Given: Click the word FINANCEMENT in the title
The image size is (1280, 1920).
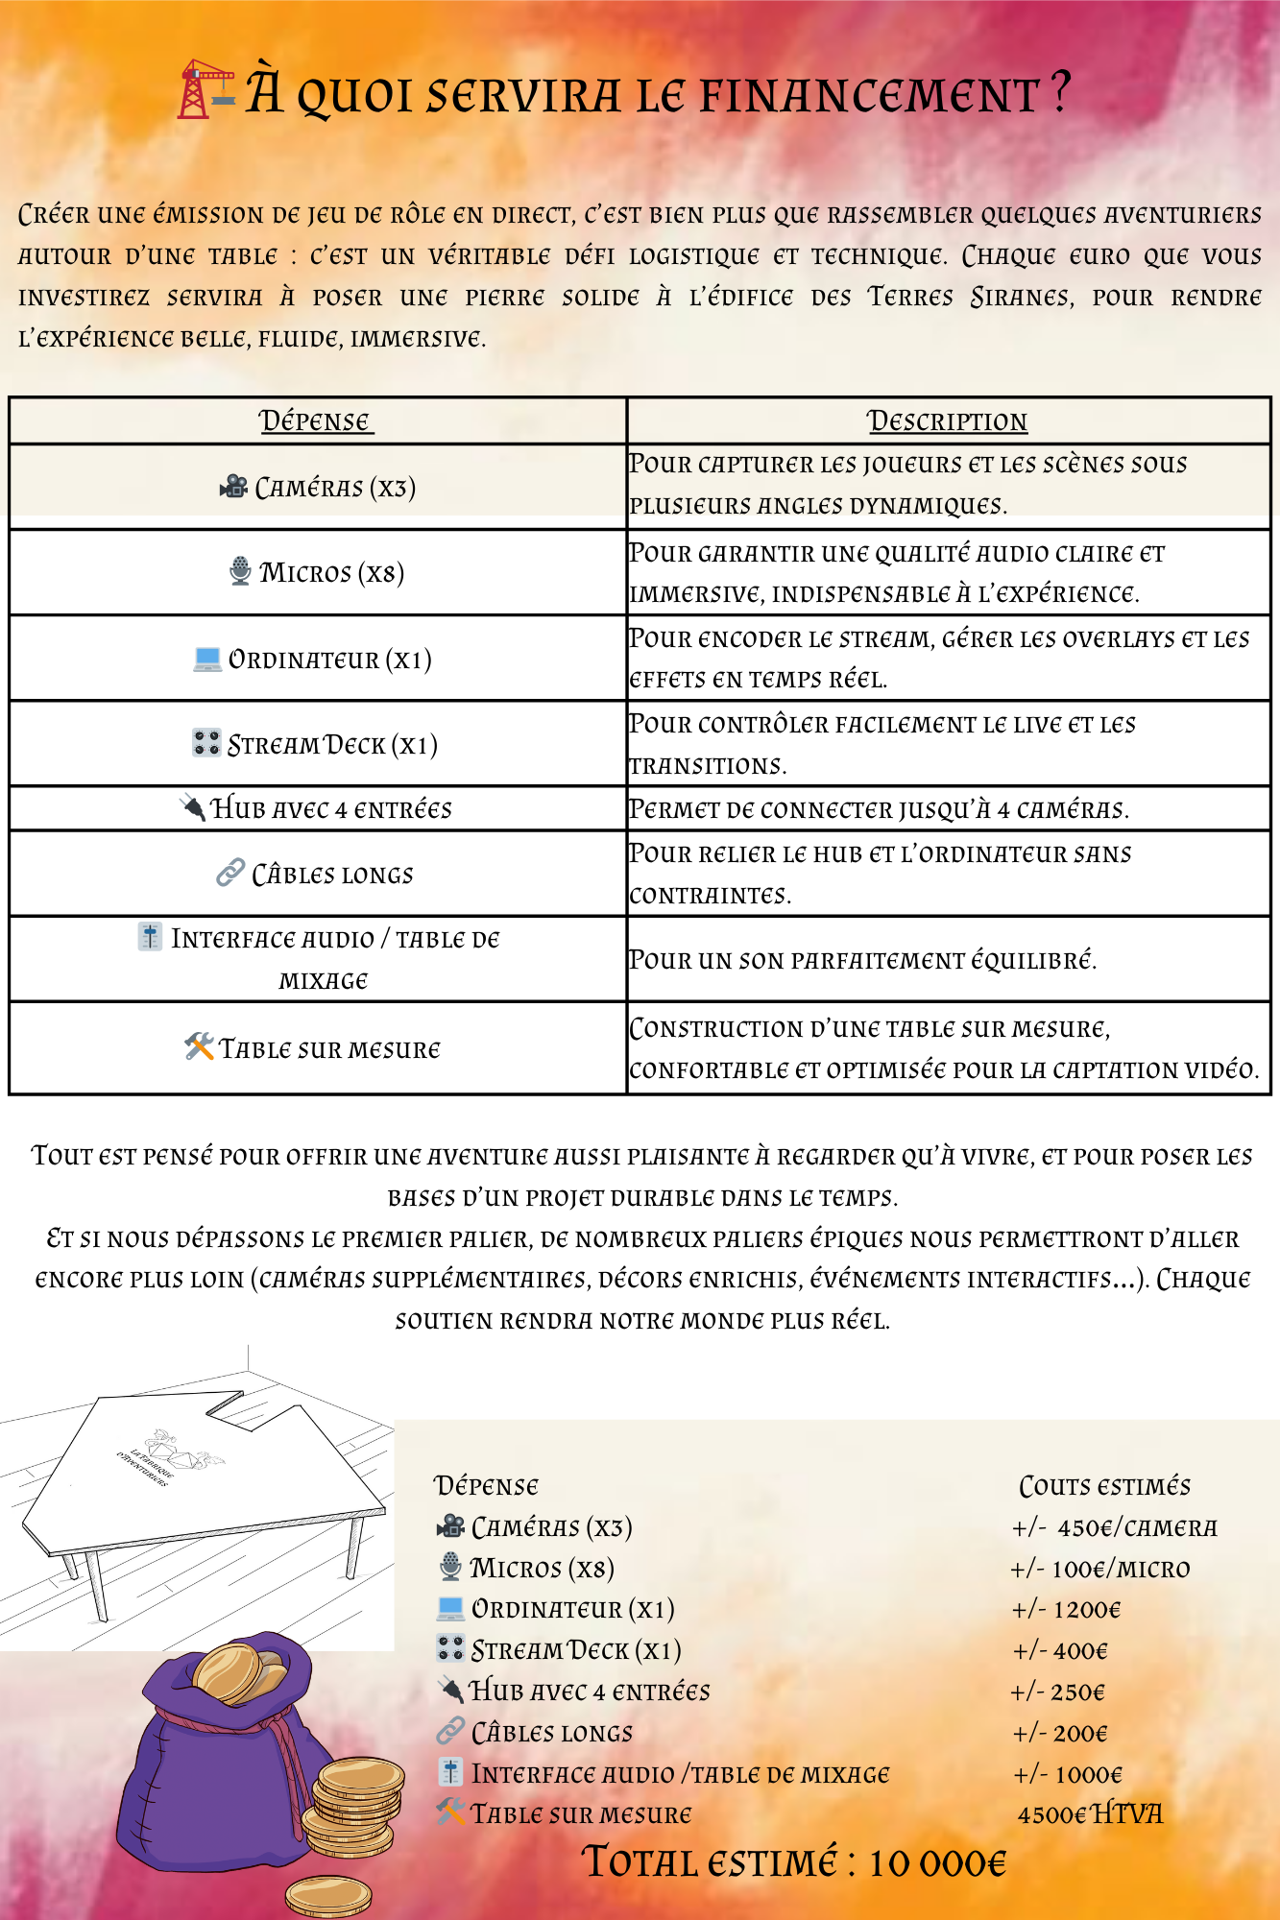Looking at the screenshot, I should (x=869, y=95).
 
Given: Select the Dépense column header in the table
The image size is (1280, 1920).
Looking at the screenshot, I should (x=315, y=421).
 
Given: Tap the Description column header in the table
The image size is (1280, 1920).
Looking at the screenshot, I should (x=947, y=421).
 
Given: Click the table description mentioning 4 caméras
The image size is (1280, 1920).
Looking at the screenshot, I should (x=879, y=809).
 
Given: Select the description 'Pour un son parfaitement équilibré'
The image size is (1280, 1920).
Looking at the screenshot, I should (x=862, y=960).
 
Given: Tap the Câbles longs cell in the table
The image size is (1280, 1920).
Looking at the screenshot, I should (x=316, y=875).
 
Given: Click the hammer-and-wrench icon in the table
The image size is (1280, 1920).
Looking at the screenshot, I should (x=199, y=1046).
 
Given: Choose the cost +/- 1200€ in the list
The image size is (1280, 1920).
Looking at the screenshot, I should (x=1066, y=1610).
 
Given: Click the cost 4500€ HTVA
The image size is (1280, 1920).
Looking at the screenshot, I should (x=1089, y=1814).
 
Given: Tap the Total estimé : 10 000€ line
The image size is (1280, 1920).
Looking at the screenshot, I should (x=794, y=1863).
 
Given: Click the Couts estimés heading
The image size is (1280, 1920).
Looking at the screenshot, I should (x=1104, y=1487).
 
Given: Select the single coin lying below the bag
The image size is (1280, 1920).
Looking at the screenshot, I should (x=328, y=1896).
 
